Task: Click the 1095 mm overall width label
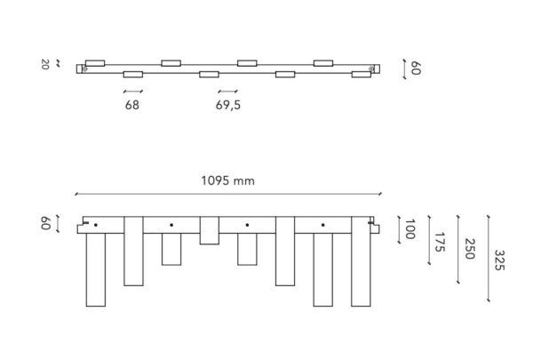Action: click(227, 180)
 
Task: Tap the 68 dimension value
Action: click(132, 105)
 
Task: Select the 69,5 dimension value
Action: click(228, 105)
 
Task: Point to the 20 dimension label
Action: click(45, 64)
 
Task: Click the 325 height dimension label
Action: click(499, 260)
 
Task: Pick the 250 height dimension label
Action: click(469, 249)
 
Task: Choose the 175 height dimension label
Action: click(440, 242)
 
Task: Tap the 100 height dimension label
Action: click(410, 229)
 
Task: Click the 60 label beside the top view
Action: click(416, 68)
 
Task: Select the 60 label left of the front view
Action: click(45, 223)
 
